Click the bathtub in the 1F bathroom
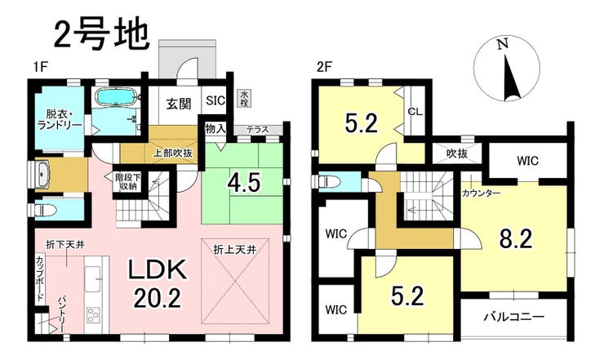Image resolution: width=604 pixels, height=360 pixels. [117, 97]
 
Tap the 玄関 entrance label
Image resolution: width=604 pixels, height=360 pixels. [179, 104]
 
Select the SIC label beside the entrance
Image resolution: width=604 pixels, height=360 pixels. [215, 100]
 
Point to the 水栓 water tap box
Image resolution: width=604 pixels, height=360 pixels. [244, 99]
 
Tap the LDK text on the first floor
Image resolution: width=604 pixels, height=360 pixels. [158, 271]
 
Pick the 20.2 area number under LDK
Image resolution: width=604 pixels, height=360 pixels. [158, 298]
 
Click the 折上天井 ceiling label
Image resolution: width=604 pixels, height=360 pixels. [235, 250]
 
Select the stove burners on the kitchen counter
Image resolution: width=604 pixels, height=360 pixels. [93, 315]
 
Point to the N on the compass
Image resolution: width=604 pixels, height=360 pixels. [502, 45]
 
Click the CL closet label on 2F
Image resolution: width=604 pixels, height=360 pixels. [415, 112]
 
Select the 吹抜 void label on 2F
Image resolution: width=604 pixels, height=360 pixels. [457, 153]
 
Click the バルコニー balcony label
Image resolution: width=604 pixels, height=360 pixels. [514, 317]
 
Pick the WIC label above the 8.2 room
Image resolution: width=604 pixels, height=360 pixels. [527, 160]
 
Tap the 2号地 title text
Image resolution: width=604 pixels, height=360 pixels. [100, 35]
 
